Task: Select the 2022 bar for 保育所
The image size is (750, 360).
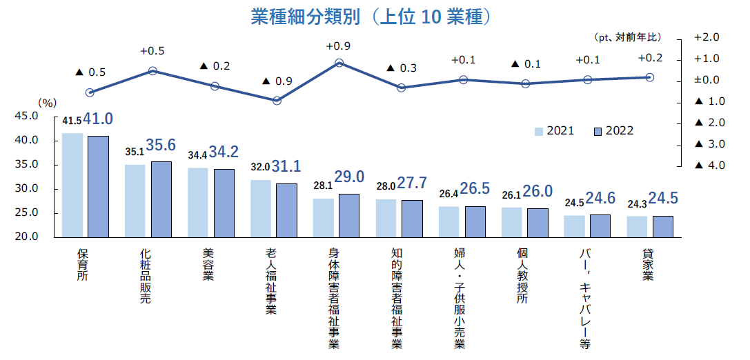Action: point(98,186)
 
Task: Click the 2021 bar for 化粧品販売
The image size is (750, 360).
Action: point(135,200)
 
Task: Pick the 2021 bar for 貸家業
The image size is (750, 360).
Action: point(637,226)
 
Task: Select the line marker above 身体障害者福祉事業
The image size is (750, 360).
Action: point(339,63)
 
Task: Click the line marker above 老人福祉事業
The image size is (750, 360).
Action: point(277,101)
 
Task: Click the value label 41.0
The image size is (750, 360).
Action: point(99,119)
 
